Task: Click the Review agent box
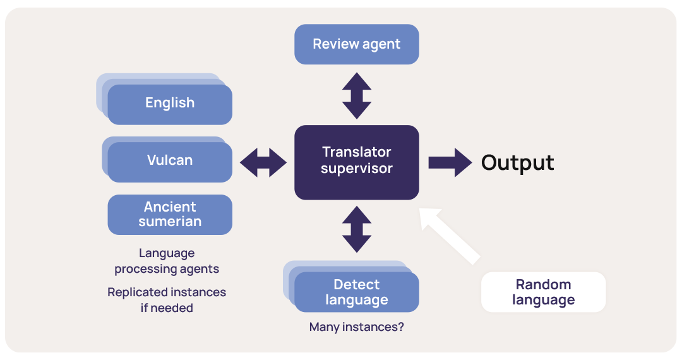coord(357,44)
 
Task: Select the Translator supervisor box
coord(357,162)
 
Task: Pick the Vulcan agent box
coord(170,161)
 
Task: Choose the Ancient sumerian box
coord(170,215)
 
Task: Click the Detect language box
coord(357,292)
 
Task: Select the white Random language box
coord(543,292)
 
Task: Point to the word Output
coord(517,163)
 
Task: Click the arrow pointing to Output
coord(450,163)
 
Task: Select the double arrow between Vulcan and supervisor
coord(263,162)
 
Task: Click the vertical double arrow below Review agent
coord(357,95)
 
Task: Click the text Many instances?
coord(357,327)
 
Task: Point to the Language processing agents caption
coord(167,261)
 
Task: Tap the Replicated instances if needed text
coord(167,300)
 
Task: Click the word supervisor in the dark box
coord(357,169)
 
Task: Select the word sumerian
coord(170,222)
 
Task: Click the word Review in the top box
coord(332,44)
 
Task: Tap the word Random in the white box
coord(543,284)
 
